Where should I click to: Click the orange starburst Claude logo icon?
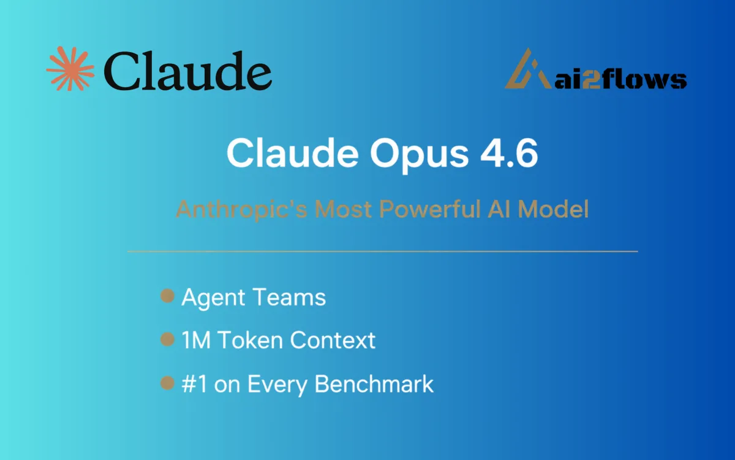tap(69, 69)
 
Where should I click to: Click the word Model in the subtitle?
tap(554, 210)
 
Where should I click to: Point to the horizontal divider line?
tap(382, 251)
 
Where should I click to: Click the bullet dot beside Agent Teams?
tap(167, 297)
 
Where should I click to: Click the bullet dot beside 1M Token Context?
tap(167, 339)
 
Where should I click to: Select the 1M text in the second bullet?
tap(195, 340)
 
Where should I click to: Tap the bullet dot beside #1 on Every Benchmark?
tap(167, 383)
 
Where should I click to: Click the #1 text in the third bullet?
tap(195, 384)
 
